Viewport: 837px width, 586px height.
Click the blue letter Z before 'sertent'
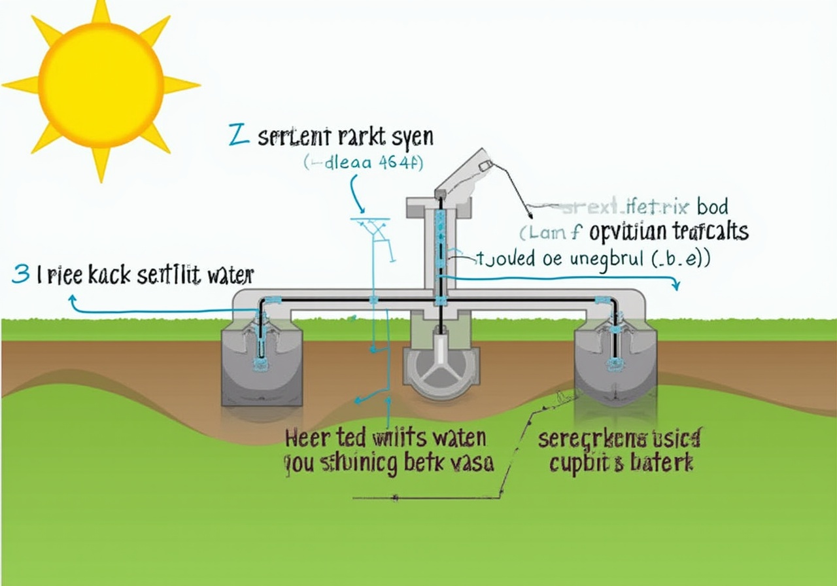coord(239,136)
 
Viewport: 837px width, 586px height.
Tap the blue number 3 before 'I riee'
coord(20,275)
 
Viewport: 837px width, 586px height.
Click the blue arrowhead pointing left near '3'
coord(72,299)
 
